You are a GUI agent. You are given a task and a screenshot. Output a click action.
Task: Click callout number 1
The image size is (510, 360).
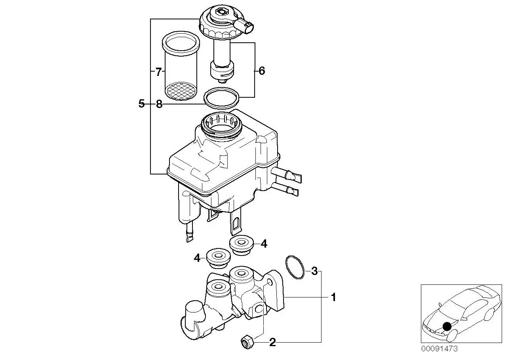(x=333, y=297)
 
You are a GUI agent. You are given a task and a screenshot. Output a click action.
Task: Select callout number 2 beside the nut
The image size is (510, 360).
(x=272, y=342)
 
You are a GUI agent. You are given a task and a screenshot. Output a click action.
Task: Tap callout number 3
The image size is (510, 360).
(x=314, y=271)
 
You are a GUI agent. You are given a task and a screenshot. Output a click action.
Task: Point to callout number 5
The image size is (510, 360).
(x=141, y=104)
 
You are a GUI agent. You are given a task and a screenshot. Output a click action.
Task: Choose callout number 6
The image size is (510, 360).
(x=262, y=71)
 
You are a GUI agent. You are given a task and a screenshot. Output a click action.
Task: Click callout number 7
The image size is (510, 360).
(x=158, y=72)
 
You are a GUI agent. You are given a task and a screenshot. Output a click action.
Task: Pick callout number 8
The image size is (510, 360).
(x=159, y=104)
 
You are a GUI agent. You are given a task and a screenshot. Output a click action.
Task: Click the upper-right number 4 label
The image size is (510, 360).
(x=264, y=244)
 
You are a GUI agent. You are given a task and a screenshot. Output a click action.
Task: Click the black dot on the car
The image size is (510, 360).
(x=447, y=326)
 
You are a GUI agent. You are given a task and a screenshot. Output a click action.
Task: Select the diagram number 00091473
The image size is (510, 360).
(x=439, y=355)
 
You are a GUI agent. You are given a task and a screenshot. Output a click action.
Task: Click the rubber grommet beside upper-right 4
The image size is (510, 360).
(x=241, y=245)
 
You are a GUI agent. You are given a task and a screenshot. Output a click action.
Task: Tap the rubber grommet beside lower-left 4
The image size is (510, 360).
(x=218, y=258)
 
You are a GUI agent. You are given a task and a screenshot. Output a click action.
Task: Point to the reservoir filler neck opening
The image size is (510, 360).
(x=221, y=125)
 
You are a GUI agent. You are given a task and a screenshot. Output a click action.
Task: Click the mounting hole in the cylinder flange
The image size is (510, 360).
(x=270, y=282)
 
